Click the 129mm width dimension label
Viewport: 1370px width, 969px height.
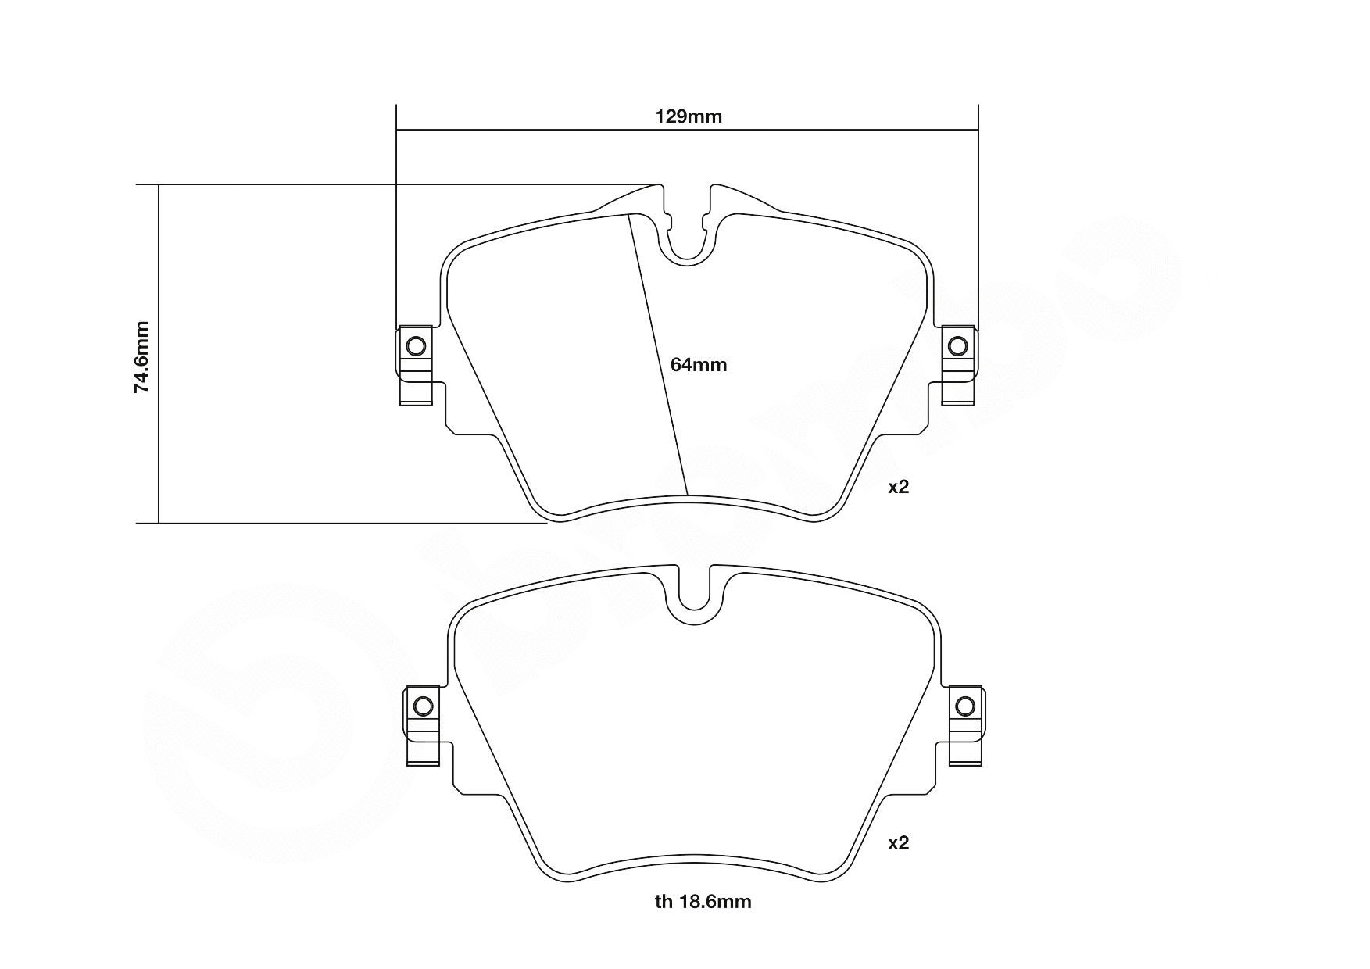point(688,117)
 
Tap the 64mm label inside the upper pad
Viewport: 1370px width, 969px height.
point(699,365)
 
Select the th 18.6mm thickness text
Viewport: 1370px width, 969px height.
point(703,902)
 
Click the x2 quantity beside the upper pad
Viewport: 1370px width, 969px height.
point(899,487)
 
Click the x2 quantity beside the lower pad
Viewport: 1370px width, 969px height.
point(899,843)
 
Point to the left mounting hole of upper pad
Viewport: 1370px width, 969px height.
point(416,345)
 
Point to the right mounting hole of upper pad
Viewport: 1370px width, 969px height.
point(957,345)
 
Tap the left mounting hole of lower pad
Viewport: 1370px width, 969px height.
point(422,706)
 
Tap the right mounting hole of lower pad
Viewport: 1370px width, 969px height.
point(966,706)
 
